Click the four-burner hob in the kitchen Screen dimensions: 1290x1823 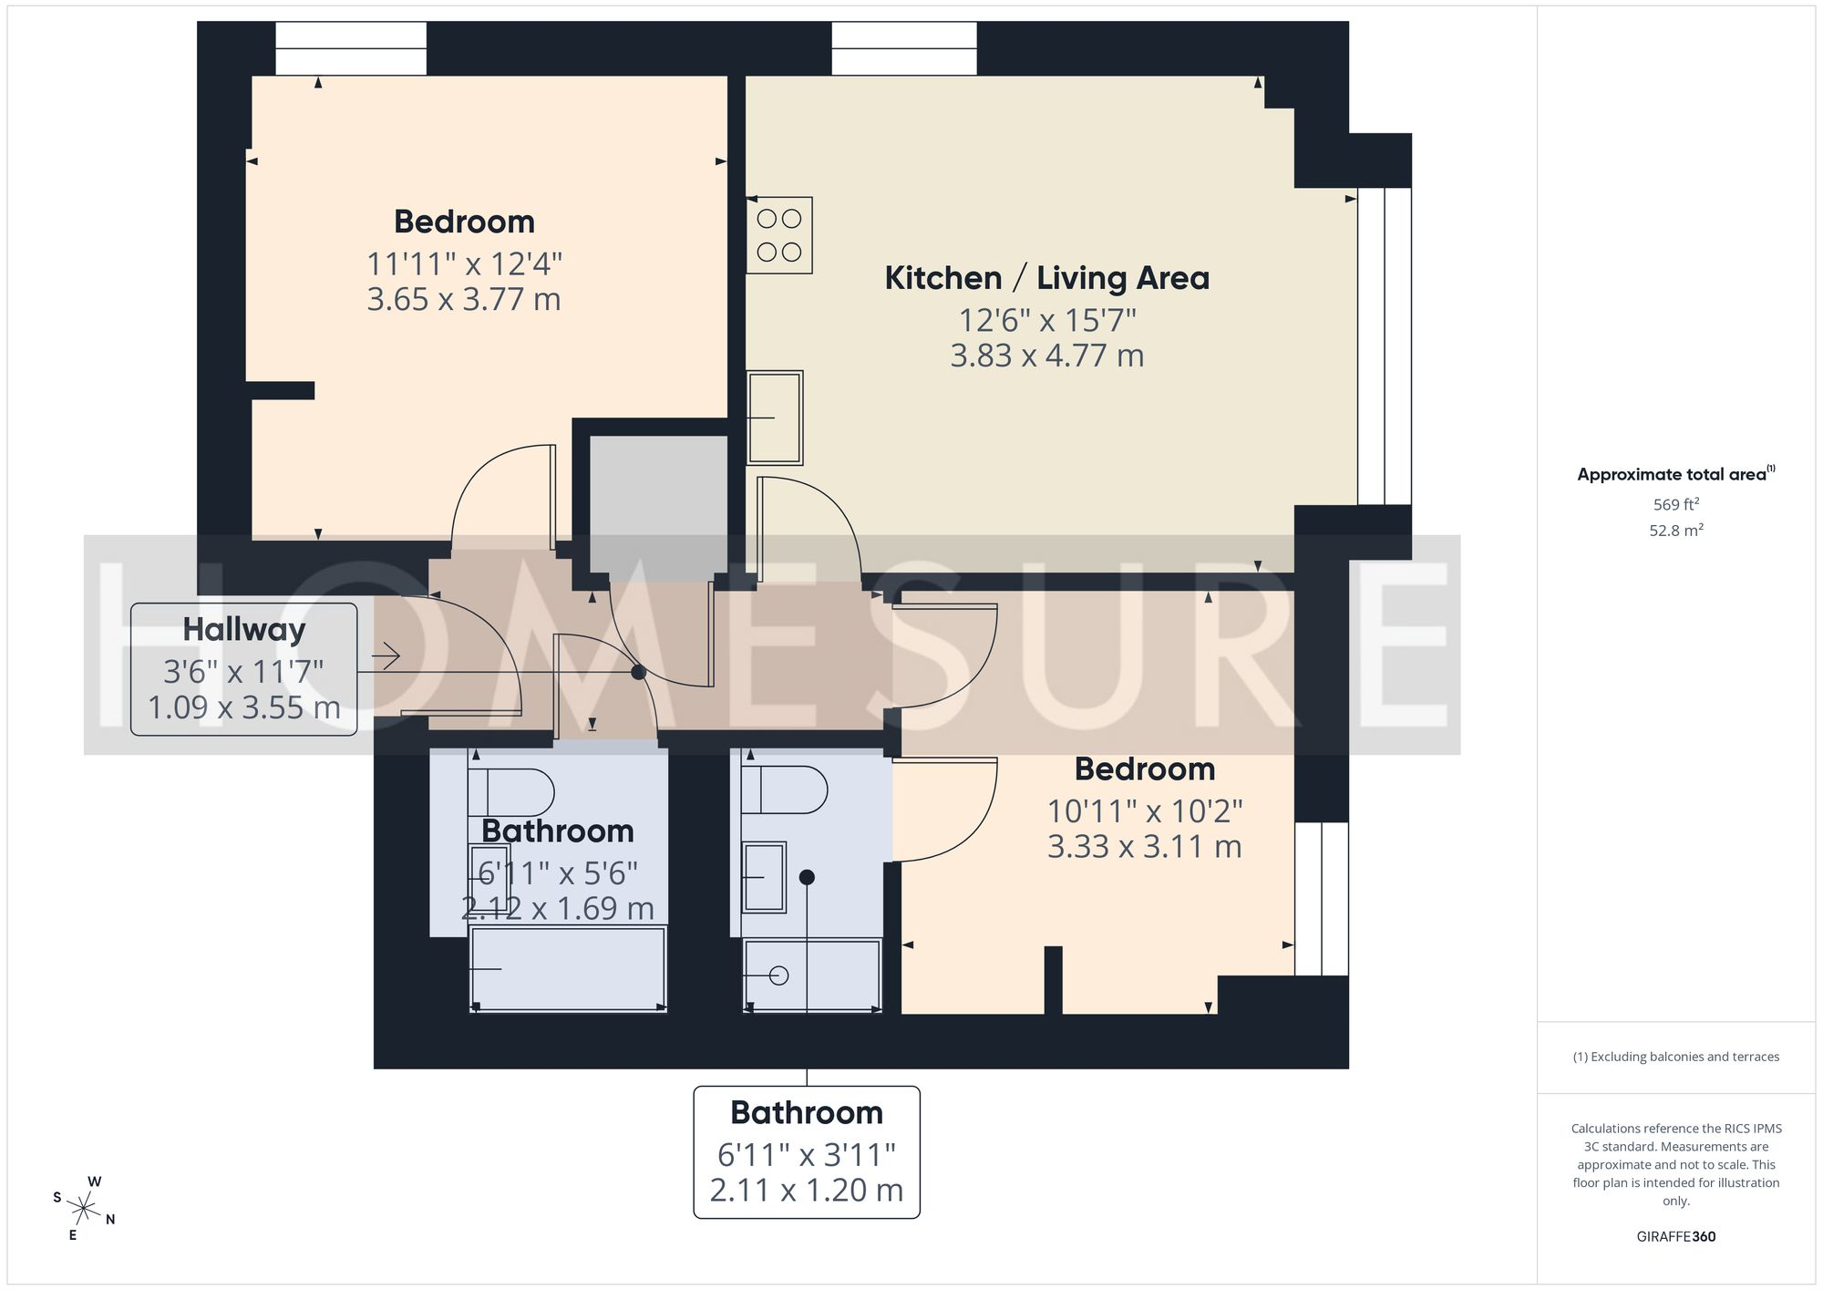tap(779, 235)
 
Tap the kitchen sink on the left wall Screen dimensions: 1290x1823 tap(775, 418)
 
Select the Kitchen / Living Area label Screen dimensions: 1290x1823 tap(1046, 278)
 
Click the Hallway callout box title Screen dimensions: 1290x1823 tap(243, 629)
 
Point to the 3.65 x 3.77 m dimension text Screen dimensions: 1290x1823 tap(463, 299)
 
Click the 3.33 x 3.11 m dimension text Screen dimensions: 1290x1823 tap(1144, 846)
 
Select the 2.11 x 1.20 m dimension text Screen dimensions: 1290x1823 tap(806, 1190)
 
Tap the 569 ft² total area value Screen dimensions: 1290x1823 tap(1675, 504)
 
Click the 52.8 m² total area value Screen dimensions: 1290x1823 tap(1675, 530)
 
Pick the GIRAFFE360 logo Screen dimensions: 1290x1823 tap(1675, 1236)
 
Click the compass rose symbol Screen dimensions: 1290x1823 tap(84, 1210)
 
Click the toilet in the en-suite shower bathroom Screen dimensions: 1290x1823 tap(784, 789)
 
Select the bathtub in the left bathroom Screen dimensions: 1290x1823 tap(568, 968)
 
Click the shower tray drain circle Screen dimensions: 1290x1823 tap(778, 975)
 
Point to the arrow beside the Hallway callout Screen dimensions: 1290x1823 tap(386, 655)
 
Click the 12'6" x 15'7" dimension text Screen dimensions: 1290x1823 tap(1046, 321)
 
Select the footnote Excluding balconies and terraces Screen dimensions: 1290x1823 tap(1675, 1057)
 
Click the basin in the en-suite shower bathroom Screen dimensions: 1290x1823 tap(764, 877)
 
